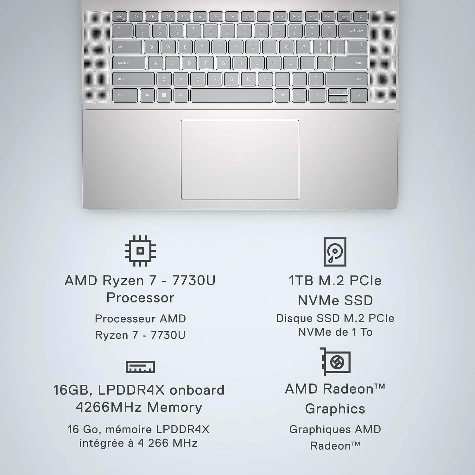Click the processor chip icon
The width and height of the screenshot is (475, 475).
click(140, 251)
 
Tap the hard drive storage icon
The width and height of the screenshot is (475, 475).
click(335, 252)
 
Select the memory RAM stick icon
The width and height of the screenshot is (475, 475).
click(140, 367)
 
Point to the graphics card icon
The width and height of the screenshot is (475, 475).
click(335, 361)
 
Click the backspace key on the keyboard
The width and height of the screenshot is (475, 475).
click(353, 31)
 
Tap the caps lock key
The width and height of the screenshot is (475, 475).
click(129, 63)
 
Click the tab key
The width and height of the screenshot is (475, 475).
click(127, 47)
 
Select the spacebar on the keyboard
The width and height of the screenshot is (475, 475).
click(231, 95)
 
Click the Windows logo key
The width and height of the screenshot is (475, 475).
click(164, 95)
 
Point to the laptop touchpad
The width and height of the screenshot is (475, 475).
click(240, 160)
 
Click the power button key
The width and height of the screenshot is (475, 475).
click(361, 16)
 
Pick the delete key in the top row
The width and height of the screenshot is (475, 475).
click(345, 16)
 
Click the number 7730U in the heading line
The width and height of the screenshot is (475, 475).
click(194, 281)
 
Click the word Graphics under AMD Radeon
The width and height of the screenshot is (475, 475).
click(335, 409)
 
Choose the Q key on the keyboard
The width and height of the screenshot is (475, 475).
click(151, 47)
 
